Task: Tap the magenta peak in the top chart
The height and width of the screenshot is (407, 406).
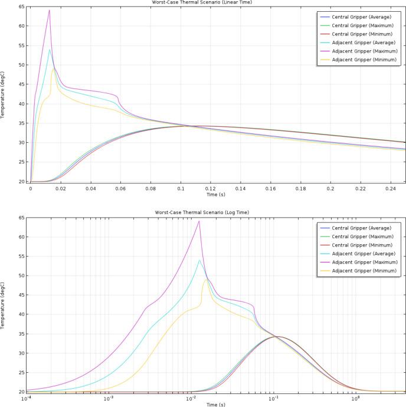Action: pyautogui.click(x=50, y=10)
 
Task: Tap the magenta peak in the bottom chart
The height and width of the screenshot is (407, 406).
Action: pyautogui.click(x=199, y=221)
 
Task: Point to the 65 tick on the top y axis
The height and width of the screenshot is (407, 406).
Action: pyautogui.click(x=21, y=7)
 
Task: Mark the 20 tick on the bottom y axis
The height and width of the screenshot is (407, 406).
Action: pyautogui.click(x=21, y=392)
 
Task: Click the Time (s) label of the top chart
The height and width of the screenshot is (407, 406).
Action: pyautogui.click(x=216, y=194)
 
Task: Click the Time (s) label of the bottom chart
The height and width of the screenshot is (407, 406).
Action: pyautogui.click(x=216, y=405)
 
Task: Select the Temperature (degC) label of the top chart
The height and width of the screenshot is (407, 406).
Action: pyautogui.click(x=4, y=94)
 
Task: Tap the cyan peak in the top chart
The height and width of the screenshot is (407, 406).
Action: pyautogui.click(x=50, y=49)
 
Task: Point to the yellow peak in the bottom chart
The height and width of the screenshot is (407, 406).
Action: pyautogui.click(x=206, y=280)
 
